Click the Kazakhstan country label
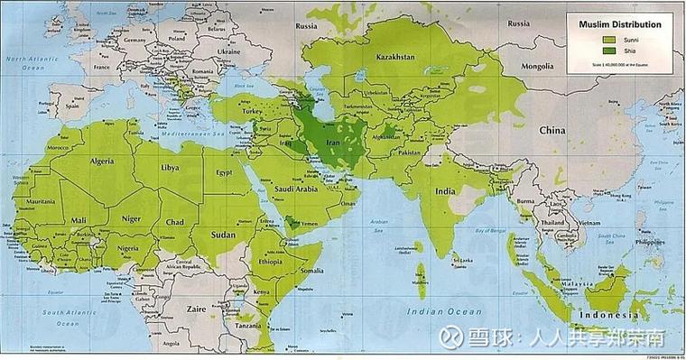click(394, 55)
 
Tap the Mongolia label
click(547, 66)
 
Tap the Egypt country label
click(225, 171)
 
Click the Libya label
click(169, 168)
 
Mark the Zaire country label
click(197, 308)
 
